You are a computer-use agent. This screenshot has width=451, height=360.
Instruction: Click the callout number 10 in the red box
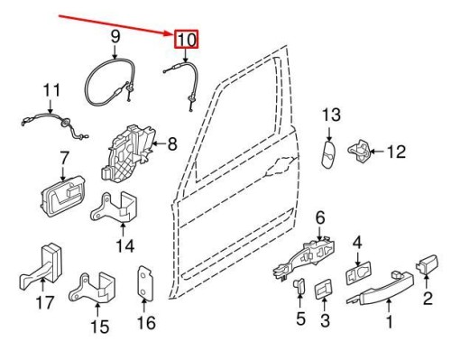click(x=186, y=40)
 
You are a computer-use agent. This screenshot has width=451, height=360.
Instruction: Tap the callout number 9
click(x=115, y=36)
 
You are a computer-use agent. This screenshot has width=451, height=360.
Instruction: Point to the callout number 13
click(x=331, y=115)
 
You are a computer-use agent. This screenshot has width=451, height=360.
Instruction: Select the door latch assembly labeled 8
click(x=132, y=149)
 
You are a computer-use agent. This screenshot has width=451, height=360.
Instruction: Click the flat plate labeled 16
click(x=144, y=284)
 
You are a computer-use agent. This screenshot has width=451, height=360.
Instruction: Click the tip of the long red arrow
click(x=173, y=33)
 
